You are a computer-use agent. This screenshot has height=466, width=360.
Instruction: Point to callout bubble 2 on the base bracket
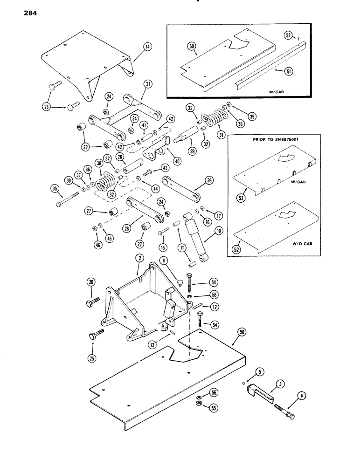(139, 258)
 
